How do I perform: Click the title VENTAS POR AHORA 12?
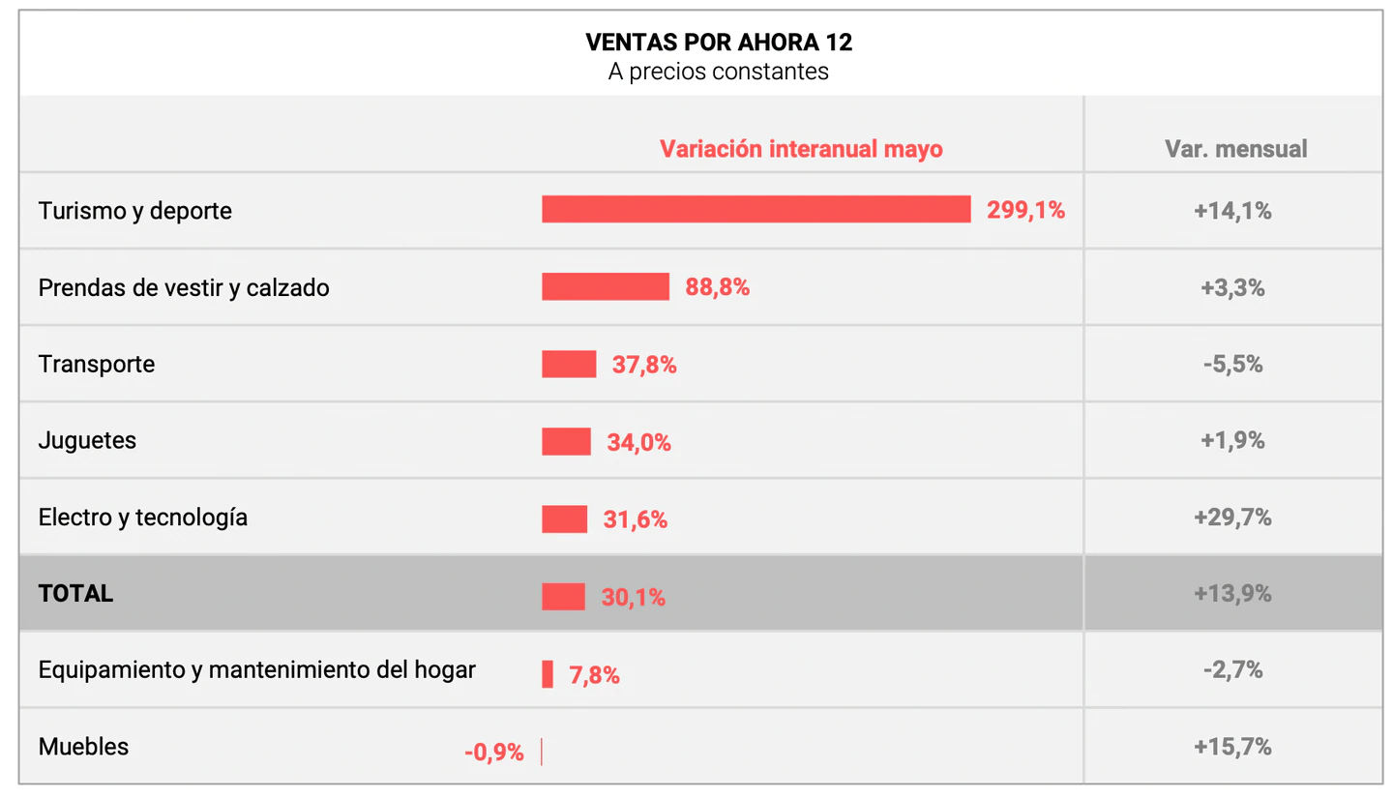[x=719, y=43]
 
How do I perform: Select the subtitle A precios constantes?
[x=719, y=73]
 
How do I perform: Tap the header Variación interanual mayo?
[x=801, y=149]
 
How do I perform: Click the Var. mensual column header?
[x=1235, y=149]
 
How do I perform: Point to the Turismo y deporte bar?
[x=756, y=209]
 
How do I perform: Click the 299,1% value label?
[x=1025, y=211]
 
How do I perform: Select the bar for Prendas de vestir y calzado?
[x=606, y=286]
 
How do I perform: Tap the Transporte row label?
[x=97, y=365]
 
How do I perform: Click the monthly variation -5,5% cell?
[x=1232, y=365]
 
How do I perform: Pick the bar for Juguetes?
[x=566, y=441]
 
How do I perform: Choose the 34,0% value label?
[x=638, y=443]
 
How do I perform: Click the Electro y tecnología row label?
[x=143, y=518]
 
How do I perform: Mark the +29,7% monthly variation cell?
[x=1232, y=518]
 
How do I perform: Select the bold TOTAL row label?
[x=75, y=594]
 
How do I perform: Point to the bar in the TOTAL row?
[x=563, y=596]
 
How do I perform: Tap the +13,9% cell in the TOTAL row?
[x=1232, y=594]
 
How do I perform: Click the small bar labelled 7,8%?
[x=548, y=674]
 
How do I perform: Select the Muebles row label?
[x=83, y=747]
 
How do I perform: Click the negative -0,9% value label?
[x=493, y=753]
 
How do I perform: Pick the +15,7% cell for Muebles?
[x=1232, y=747]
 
